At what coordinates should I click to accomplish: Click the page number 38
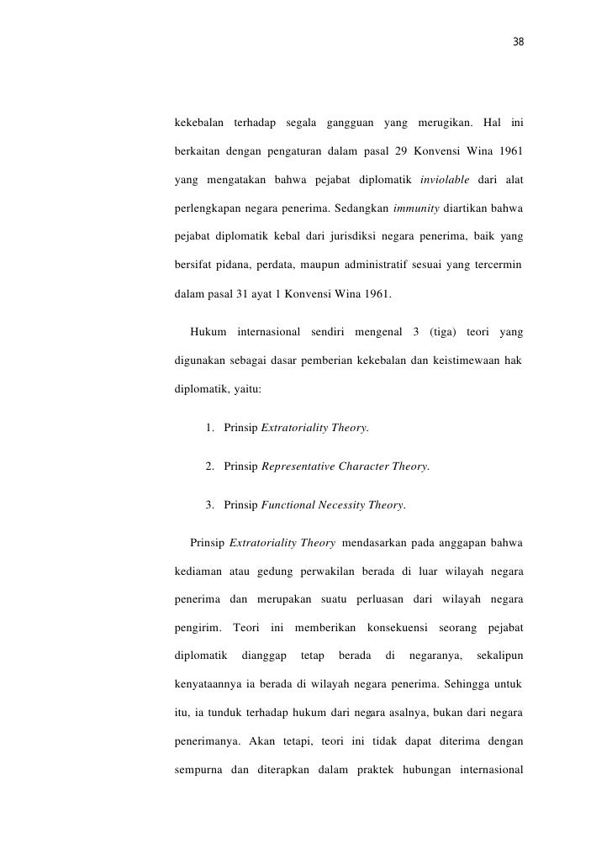click(518, 43)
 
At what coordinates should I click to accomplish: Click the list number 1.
click(208, 428)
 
